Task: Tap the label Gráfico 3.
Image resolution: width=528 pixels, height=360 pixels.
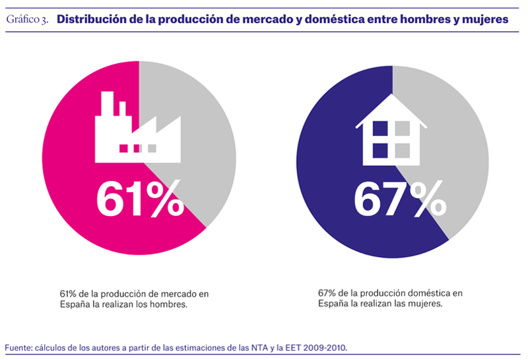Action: [27, 20]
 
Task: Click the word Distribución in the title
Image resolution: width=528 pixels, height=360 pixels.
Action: [93, 19]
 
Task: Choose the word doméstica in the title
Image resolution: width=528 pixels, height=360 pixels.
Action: [333, 19]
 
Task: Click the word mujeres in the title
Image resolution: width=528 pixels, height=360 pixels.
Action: [483, 19]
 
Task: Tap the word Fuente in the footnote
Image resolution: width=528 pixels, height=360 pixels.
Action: [18, 347]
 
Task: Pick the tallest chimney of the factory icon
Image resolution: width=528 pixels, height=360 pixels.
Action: [106, 106]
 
